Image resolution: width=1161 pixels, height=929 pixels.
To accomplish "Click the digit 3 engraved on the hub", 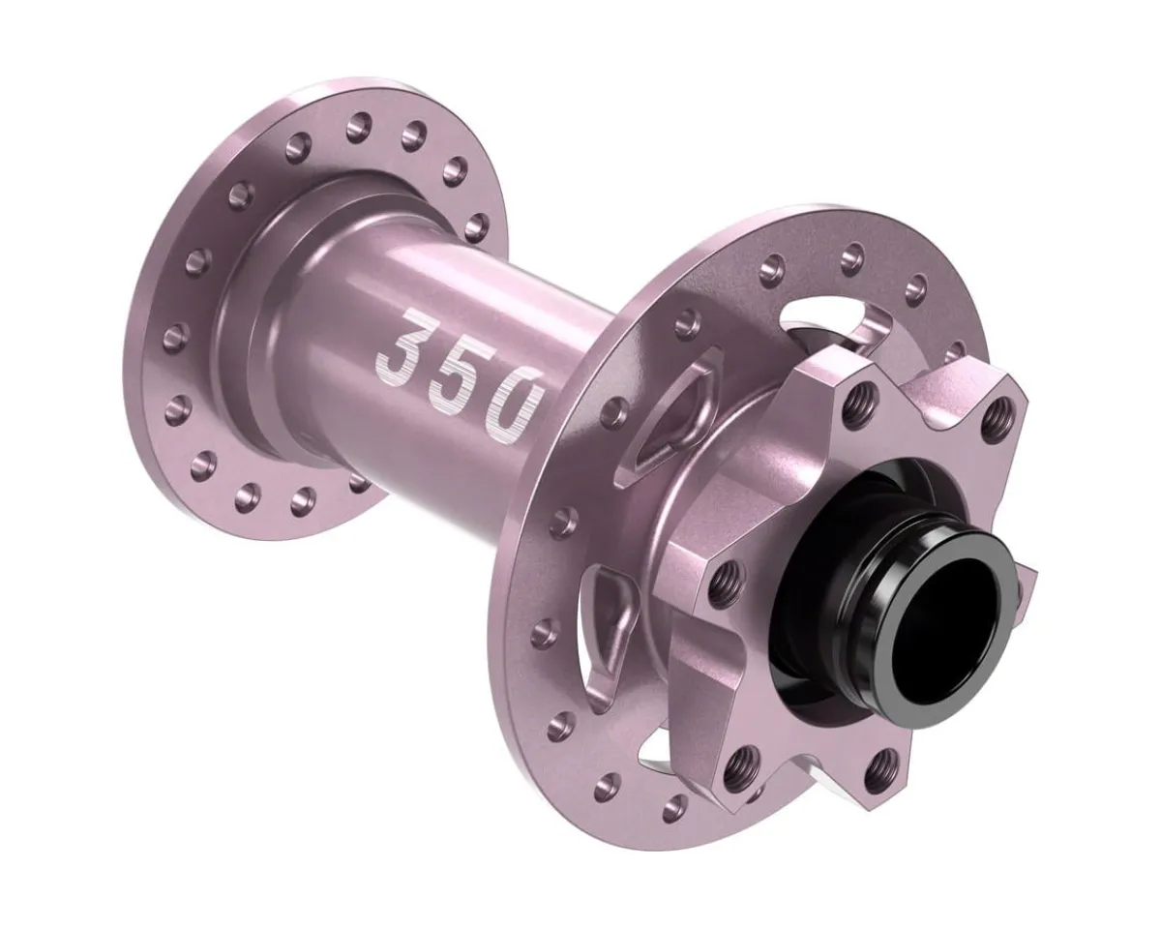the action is (x=404, y=345).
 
